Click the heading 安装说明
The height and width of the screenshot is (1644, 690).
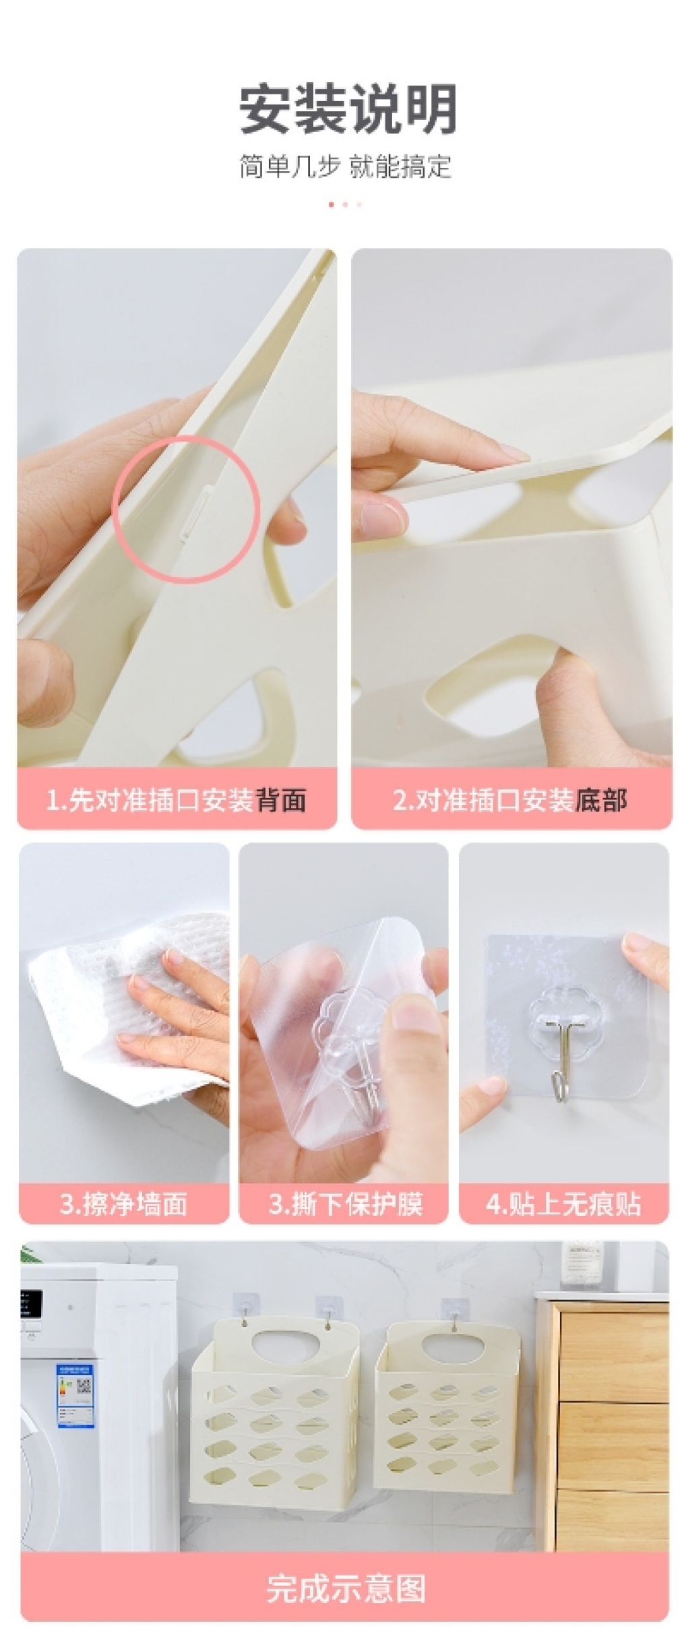click(x=348, y=109)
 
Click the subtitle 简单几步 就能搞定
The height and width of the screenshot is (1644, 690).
click(x=345, y=166)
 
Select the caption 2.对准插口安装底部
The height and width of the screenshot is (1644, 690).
click(x=510, y=800)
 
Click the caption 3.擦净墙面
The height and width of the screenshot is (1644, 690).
click(x=123, y=1203)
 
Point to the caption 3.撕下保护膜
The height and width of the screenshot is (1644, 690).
click(x=345, y=1203)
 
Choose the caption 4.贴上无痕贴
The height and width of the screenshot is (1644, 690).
click(x=563, y=1203)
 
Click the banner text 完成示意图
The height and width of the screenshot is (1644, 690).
click(x=346, y=1589)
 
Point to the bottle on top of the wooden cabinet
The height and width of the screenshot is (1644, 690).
click(x=582, y=1267)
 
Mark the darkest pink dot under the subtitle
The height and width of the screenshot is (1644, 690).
click(x=330, y=204)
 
